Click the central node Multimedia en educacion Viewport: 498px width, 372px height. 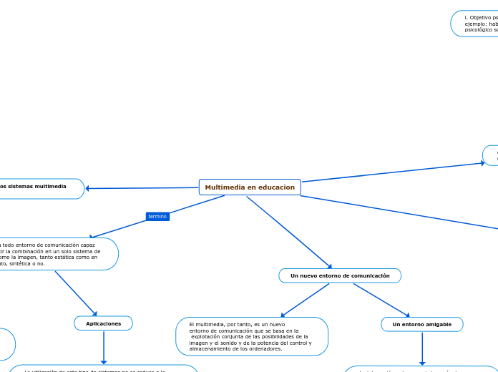250,187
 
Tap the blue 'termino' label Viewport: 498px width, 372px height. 157,216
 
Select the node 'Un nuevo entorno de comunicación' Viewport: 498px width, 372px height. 340,275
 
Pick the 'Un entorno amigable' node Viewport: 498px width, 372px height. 421,325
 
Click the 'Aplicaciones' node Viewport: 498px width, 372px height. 104,323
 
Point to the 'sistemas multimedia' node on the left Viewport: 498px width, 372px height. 39,188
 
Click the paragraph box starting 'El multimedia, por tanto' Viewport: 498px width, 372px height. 252,336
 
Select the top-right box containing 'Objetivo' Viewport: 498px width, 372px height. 476,23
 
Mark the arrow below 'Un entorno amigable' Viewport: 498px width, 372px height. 422,349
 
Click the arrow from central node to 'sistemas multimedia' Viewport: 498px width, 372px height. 143,188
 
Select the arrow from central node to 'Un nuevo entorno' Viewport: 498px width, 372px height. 289,232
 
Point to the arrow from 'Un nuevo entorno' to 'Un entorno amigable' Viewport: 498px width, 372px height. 381,300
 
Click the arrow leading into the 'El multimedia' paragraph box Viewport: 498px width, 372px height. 305,300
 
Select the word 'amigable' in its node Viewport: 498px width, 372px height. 437,325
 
